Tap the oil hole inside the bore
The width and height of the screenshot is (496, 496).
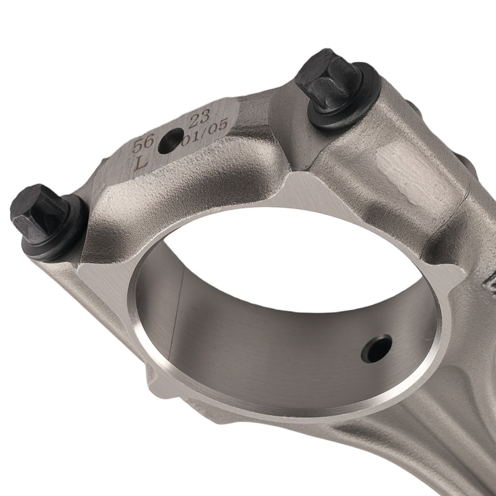(x=376, y=348)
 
